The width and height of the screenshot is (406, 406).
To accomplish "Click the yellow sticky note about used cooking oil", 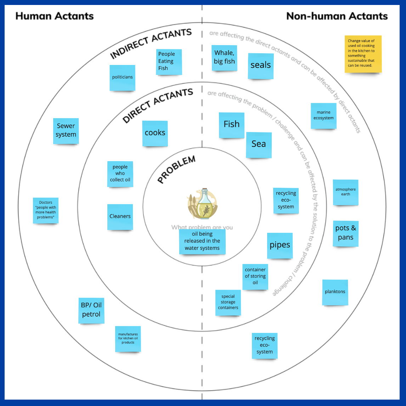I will click(x=363, y=54).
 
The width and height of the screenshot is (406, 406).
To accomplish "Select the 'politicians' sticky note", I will click(x=122, y=77).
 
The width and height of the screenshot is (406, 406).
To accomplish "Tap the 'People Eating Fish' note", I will click(x=169, y=62).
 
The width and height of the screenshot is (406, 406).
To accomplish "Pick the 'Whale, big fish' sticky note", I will click(x=224, y=57).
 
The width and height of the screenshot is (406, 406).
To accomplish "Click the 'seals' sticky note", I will click(x=260, y=66).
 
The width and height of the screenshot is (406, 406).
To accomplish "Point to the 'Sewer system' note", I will click(x=66, y=131).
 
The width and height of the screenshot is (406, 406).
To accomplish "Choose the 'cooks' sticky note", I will click(x=155, y=133).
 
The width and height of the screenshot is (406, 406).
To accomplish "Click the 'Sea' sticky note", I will click(x=259, y=144).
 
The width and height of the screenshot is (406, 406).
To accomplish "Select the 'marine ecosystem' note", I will click(x=323, y=116).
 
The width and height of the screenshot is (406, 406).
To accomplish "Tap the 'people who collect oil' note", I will click(x=120, y=174).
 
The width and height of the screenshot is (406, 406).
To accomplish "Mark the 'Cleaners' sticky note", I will click(x=120, y=216).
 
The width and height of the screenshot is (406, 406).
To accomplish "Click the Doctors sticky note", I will click(x=46, y=210).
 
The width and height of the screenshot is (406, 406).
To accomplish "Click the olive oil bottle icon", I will click(x=203, y=204).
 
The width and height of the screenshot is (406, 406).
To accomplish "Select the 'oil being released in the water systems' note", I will click(x=202, y=241).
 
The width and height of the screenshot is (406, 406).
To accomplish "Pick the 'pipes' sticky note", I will click(x=280, y=245).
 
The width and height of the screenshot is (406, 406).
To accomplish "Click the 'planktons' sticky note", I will click(x=335, y=292).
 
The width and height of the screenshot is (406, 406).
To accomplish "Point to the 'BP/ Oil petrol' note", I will click(x=91, y=310).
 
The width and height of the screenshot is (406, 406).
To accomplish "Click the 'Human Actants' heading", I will click(x=55, y=16).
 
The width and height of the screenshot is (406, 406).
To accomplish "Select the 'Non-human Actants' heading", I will click(x=337, y=16).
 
